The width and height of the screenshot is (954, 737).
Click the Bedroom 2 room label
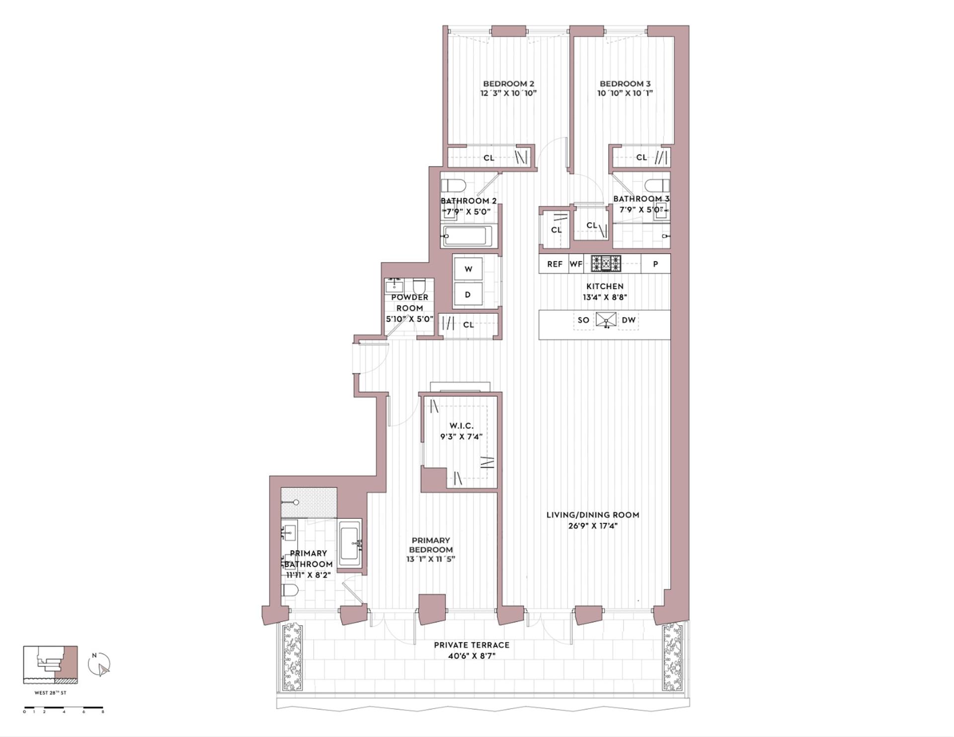point(508,83)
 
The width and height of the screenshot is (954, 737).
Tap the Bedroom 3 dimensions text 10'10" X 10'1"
point(625,93)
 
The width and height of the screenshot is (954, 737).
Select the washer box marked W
point(468,269)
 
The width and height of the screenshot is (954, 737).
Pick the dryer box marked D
point(468,295)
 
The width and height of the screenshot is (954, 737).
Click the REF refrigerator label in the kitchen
point(555,264)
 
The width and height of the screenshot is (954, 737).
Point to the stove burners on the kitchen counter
point(606,263)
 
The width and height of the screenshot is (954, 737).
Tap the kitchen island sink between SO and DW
point(606,320)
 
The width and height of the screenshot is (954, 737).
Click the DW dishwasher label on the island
point(629,320)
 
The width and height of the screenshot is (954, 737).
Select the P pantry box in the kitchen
point(655,264)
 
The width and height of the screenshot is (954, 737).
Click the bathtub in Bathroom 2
point(468,236)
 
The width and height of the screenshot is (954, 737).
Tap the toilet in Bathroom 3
point(657,185)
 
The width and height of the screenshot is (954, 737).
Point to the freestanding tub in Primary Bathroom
point(350,544)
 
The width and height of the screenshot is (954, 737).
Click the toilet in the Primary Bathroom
point(290,590)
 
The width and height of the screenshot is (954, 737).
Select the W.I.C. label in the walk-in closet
point(461,426)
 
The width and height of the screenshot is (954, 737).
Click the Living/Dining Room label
point(593,515)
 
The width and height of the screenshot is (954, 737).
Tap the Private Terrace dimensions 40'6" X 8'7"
point(471,656)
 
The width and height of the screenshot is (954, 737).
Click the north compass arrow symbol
point(99,664)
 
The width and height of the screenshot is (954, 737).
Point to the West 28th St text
point(50,693)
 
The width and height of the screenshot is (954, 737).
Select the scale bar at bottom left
point(64,707)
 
